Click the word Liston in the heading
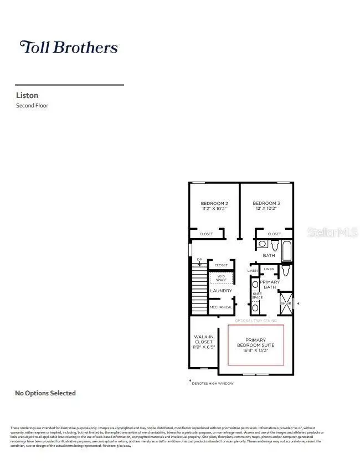(x=27, y=95)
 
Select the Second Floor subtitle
(x=32, y=105)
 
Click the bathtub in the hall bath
(x=287, y=250)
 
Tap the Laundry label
(x=220, y=291)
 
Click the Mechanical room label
(x=220, y=307)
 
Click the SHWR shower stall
(x=286, y=303)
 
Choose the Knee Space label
(x=257, y=296)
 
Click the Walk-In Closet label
(x=203, y=342)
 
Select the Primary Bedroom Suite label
(x=256, y=344)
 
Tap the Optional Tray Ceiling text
(x=255, y=321)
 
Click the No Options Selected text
(x=45, y=393)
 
